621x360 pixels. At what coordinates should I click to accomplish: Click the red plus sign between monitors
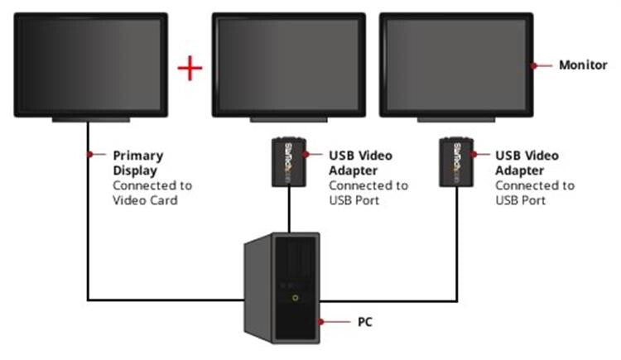tap(190, 67)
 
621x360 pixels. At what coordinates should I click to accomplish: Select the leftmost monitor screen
tap(91, 65)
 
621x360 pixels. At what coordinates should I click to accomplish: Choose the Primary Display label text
tap(137, 161)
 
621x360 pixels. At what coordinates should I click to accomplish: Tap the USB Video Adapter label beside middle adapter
tap(360, 161)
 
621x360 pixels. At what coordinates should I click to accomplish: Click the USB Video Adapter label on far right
tap(527, 161)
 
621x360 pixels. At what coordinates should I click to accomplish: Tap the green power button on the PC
tap(294, 296)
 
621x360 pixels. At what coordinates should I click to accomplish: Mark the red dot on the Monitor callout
tap(536, 65)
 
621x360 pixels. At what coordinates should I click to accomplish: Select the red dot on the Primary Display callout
tap(88, 154)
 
